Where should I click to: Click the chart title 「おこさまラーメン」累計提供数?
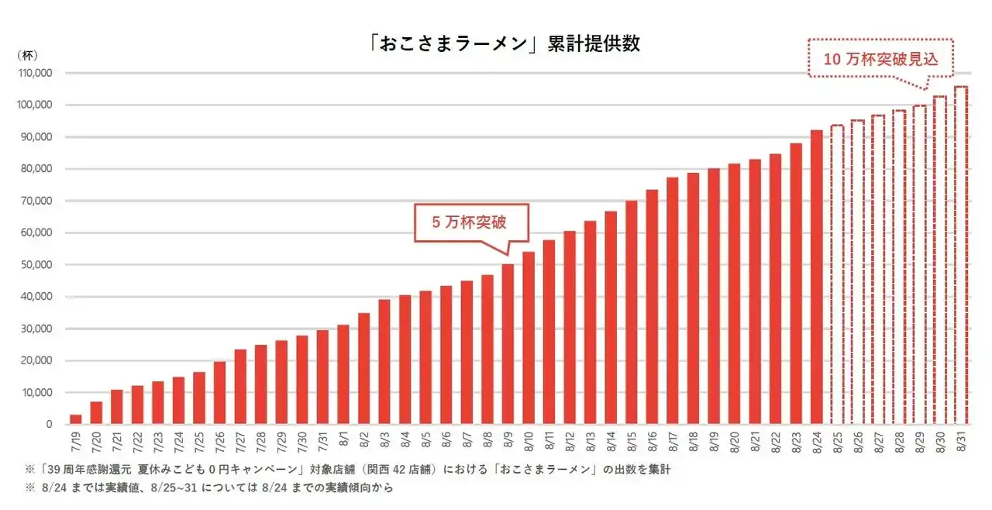[505, 44]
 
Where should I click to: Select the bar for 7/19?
[75, 419]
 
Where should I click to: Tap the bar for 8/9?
[508, 345]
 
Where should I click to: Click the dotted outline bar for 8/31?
[960, 256]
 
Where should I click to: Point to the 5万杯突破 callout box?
[470, 222]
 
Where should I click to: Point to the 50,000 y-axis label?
[36, 265]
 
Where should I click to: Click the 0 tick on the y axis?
[48, 425]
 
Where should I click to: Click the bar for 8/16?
[652, 307]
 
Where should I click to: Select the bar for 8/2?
[363, 369]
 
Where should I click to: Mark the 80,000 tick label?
[36, 169]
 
